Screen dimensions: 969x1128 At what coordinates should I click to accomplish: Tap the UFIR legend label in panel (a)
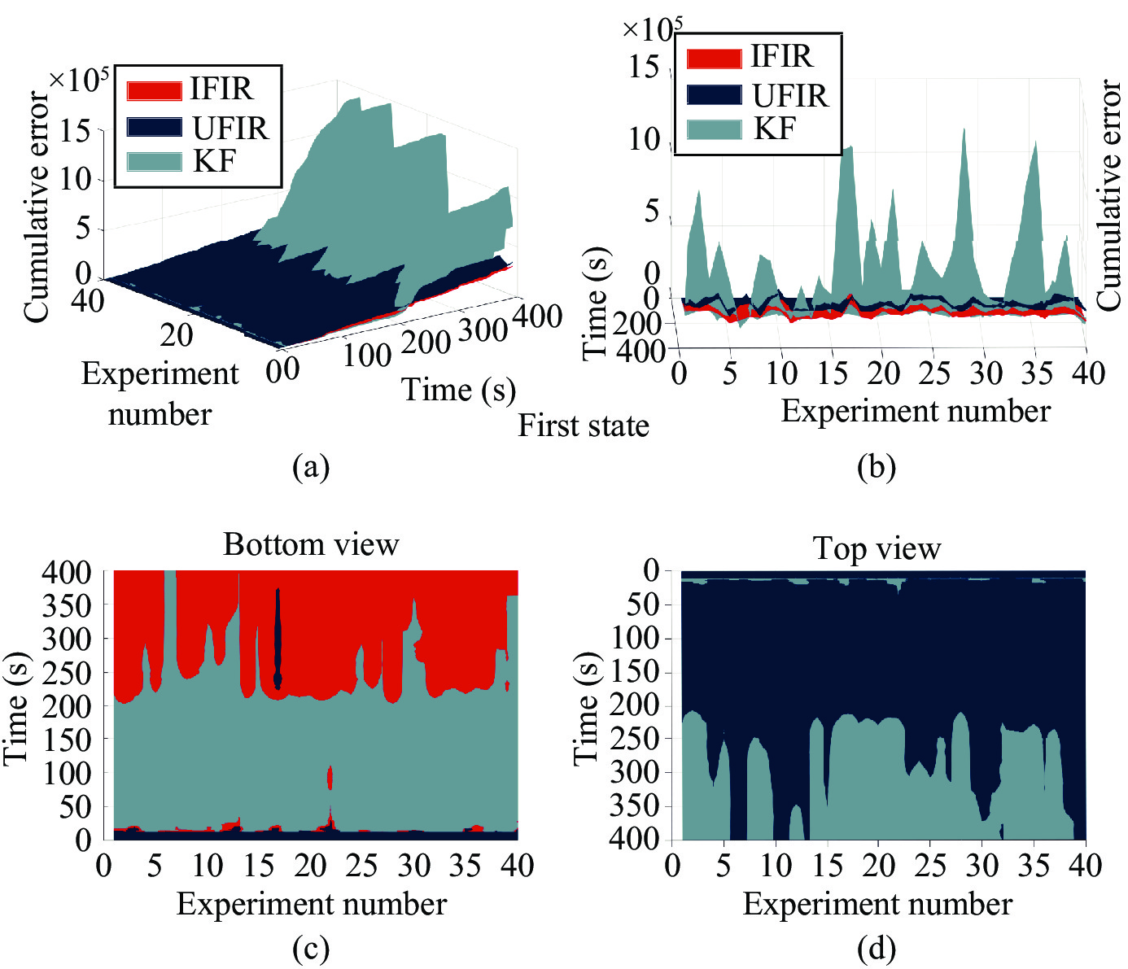click(230, 129)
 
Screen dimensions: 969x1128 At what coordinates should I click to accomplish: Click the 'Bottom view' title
click(311, 544)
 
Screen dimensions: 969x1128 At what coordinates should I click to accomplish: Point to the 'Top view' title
click(877, 549)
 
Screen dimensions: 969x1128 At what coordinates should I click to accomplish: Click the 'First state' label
click(584, 426)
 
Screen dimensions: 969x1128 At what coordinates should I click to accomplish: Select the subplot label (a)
click(310, 467)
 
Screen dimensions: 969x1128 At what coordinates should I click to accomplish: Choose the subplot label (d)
click(876, 949)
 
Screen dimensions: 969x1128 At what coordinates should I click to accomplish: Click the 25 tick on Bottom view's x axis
click(361, 866)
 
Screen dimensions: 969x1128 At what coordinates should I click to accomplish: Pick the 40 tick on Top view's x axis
click(1086, 866)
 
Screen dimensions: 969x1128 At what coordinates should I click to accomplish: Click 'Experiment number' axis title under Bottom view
click(311, 904)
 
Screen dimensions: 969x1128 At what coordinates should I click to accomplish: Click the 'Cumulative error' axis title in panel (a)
click(37, 207)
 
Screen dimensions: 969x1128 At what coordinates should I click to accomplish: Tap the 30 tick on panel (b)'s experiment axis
click(986, 373)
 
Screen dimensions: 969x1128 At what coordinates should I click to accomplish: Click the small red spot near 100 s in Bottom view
click(330, 778)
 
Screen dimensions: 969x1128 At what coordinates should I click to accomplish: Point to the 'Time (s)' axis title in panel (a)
click(459, 391)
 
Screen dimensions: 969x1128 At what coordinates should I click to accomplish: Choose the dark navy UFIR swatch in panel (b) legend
click(714, 95)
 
